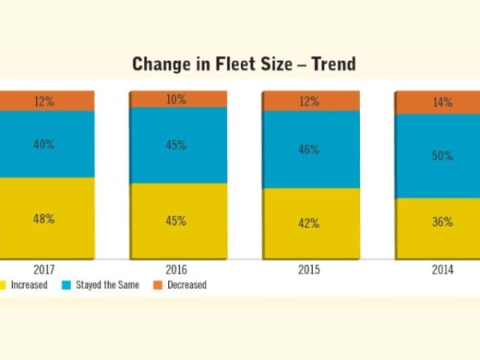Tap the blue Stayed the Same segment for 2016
point(178,146)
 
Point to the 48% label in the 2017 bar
point(44,219)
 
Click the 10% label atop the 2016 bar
point(177,99)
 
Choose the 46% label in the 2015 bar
point(310,150)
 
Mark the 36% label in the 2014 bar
point(442,222)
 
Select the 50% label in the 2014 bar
point(442,156)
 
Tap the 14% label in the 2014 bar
point(442,102)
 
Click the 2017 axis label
point(44,270)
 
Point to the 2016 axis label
point(177,270)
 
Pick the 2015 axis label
point(310,270)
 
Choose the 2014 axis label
point(442,270)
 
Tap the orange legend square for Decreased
point(158,284)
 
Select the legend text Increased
point(29,285)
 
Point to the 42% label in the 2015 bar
point(310,224)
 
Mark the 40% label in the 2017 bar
point(44,145)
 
